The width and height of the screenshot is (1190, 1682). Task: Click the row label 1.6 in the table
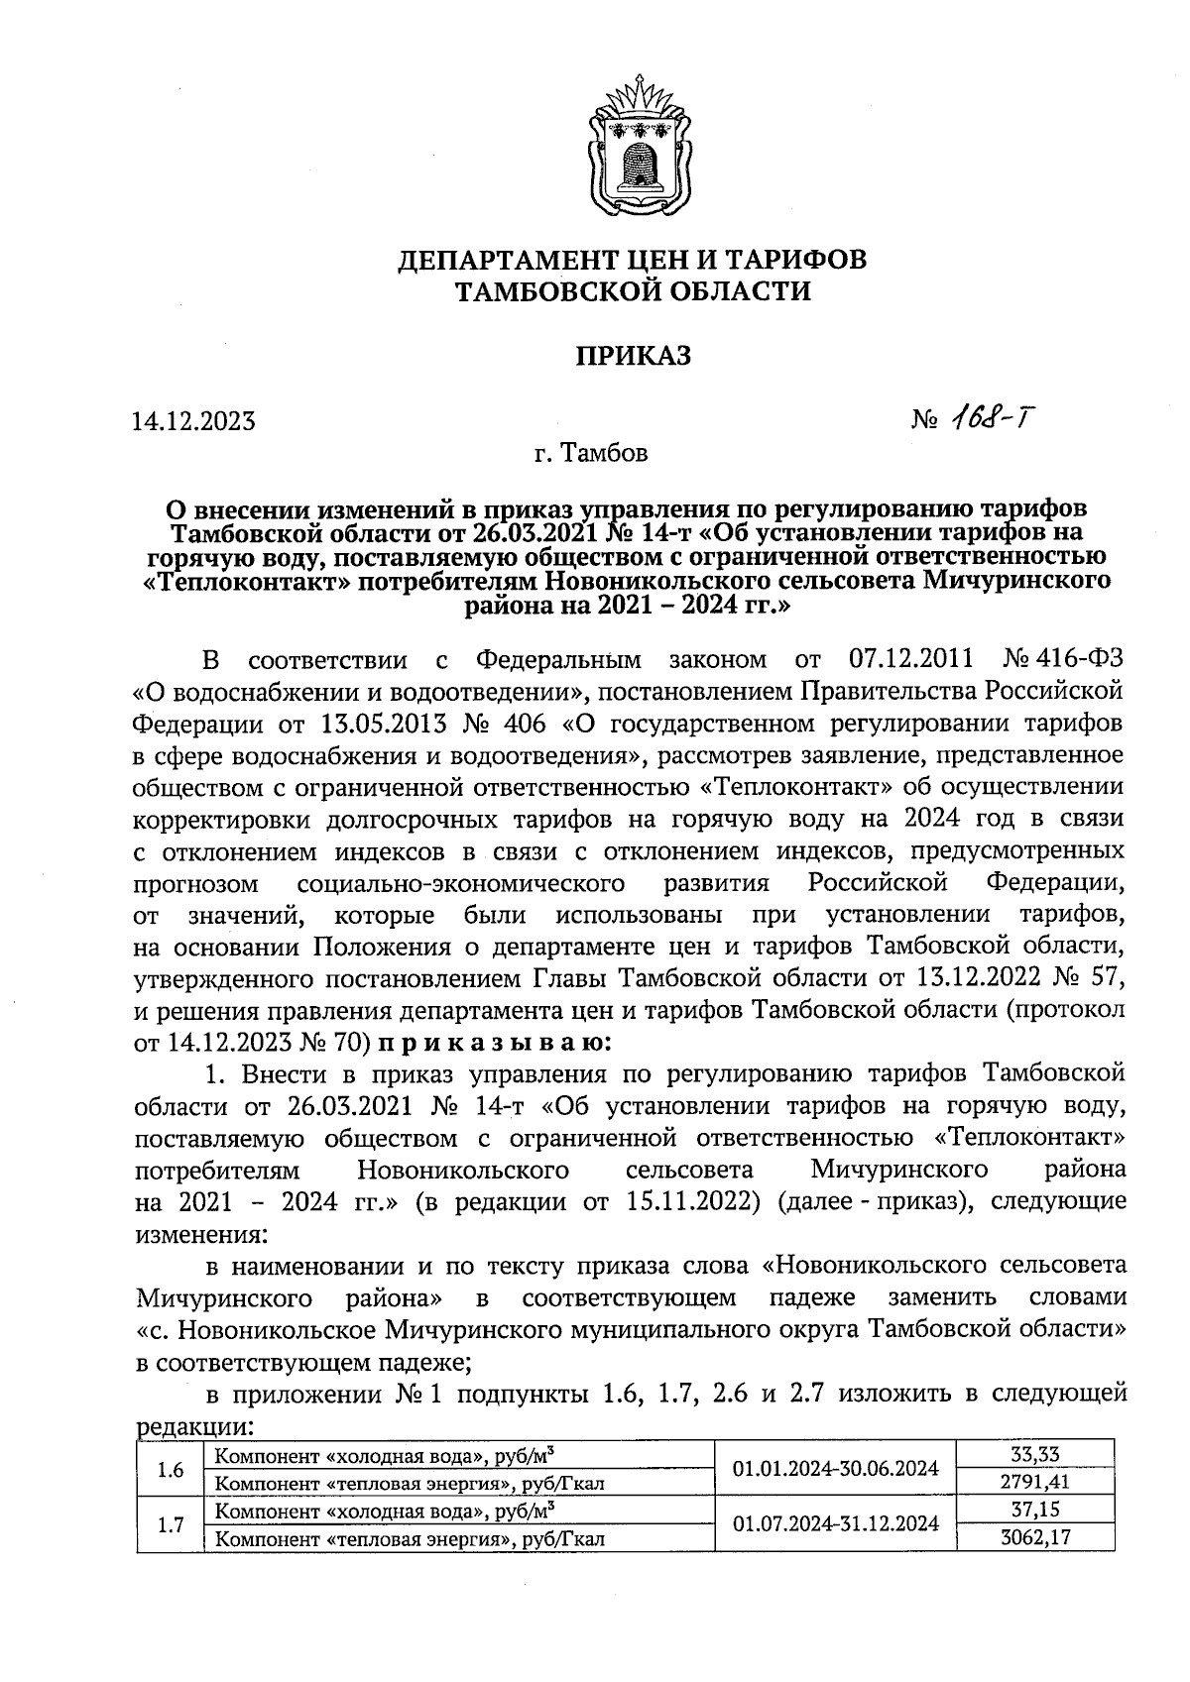171,1469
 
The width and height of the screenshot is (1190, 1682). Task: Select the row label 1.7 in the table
171,1524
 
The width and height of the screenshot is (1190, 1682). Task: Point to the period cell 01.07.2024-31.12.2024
835,1523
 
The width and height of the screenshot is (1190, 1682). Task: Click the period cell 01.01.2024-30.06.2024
835,1468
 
